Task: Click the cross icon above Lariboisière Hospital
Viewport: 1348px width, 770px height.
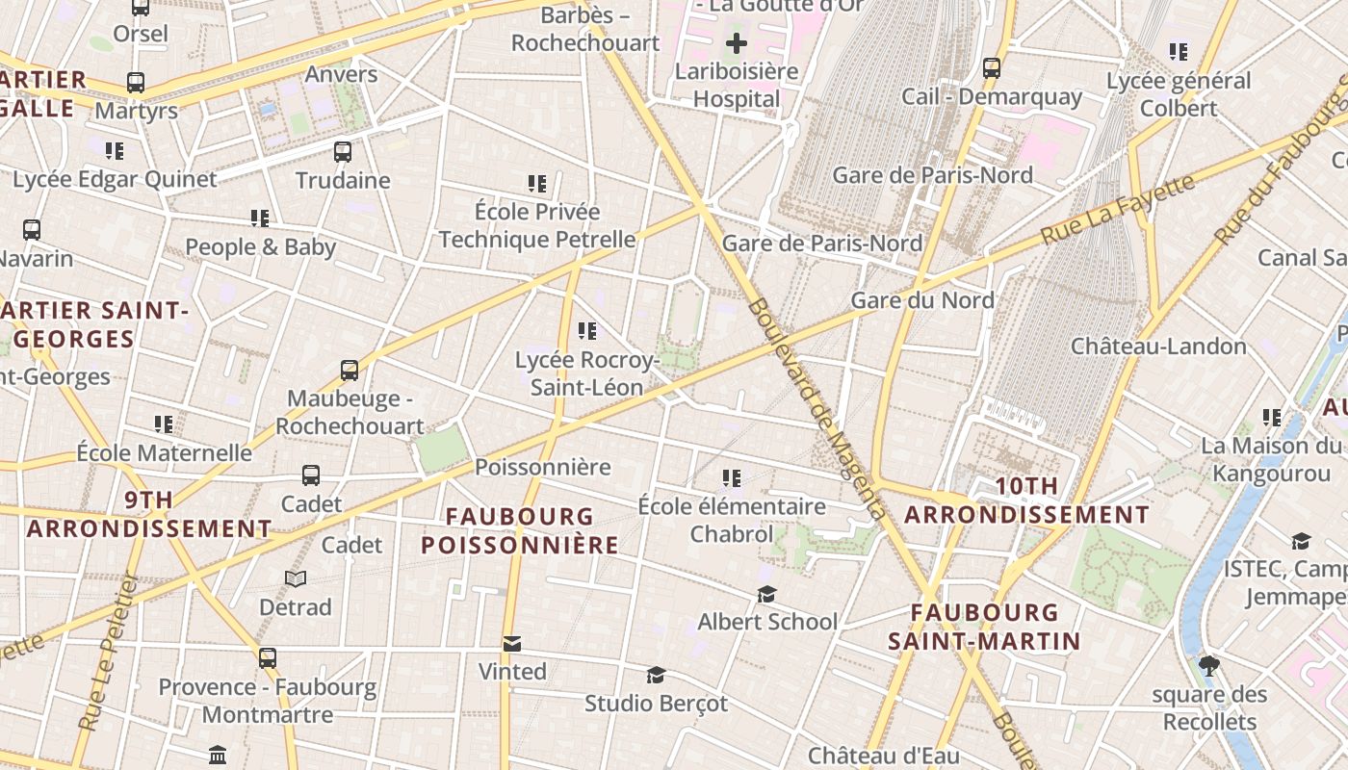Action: click(737, 43)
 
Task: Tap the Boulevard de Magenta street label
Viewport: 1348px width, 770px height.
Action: click(816, 408)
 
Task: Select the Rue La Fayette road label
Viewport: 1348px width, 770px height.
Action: click(1118, 208)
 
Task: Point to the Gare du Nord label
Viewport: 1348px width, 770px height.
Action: click(921, 300)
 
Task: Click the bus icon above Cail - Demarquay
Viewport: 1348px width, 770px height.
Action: click(992, 68)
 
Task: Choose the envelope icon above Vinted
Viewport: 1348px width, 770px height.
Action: click(512, 643)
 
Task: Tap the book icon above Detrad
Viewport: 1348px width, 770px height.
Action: click(296, 578)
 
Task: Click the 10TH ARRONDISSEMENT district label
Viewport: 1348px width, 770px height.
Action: click(1026, 500)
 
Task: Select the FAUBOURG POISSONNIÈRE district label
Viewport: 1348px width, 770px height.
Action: click(520, 531)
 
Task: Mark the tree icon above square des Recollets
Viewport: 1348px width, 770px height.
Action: click(1209, 665)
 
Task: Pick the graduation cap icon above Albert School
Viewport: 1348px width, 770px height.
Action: click(766, 594)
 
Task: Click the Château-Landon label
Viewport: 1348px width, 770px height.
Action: click(1158, 346)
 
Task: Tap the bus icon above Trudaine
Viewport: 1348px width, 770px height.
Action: click(343, 151)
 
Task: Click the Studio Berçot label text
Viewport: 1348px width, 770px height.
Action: click(657, 704)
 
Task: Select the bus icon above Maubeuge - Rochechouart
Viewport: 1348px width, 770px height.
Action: click(350, 370)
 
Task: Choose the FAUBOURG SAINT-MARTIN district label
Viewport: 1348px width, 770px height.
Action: click(984, 627)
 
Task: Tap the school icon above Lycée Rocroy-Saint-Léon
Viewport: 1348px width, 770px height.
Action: click(587, 331)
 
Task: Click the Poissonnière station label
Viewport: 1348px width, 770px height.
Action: click(543, 468)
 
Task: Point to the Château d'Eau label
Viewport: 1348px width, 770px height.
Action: click(884, 757)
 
